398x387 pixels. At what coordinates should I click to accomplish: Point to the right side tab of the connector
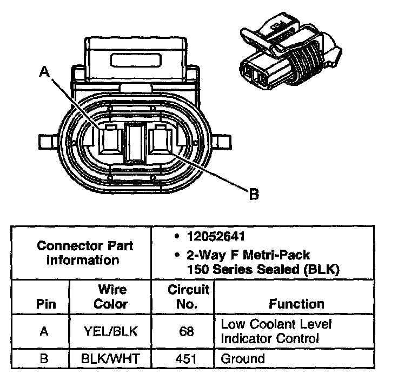[222, 143]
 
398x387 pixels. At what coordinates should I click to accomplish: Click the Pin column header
[45, 304]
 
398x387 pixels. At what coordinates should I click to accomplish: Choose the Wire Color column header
[110, 297]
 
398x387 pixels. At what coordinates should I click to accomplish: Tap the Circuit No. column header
[187, 297]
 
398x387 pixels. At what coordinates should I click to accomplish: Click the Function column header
[296, 304]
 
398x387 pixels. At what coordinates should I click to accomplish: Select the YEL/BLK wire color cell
[110, 331]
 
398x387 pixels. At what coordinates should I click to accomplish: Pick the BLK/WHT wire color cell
[110, 358]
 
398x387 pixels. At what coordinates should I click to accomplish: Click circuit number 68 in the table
[187, 331]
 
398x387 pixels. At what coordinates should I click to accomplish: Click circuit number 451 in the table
[187, 358]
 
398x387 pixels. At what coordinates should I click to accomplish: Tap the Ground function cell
[243, 358]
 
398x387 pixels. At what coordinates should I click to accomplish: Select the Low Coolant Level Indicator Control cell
[276, 331]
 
